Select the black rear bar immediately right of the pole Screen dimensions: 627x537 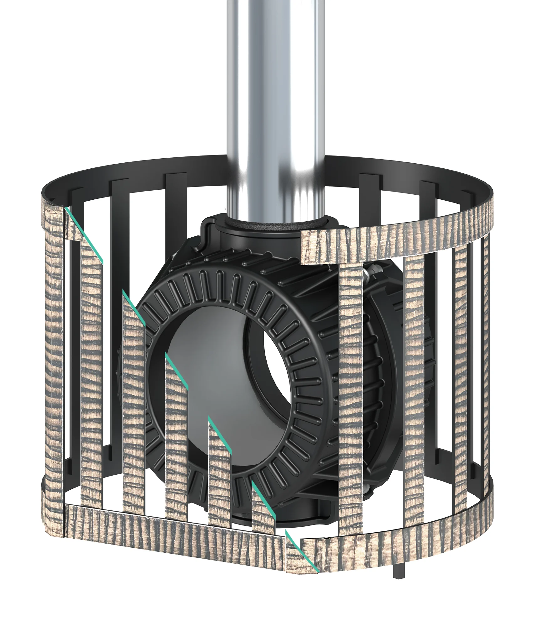(x=371, y=204)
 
